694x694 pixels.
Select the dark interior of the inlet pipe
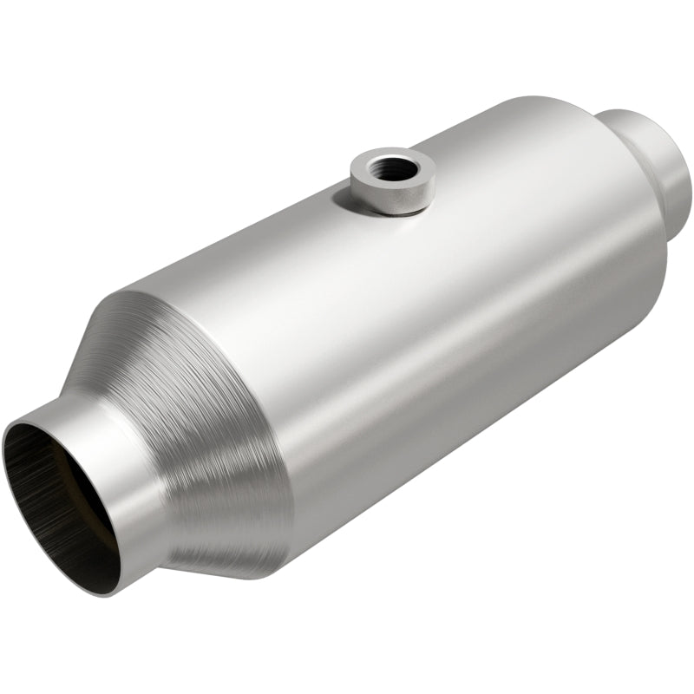pyautogui.click(x=52, y=494)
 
